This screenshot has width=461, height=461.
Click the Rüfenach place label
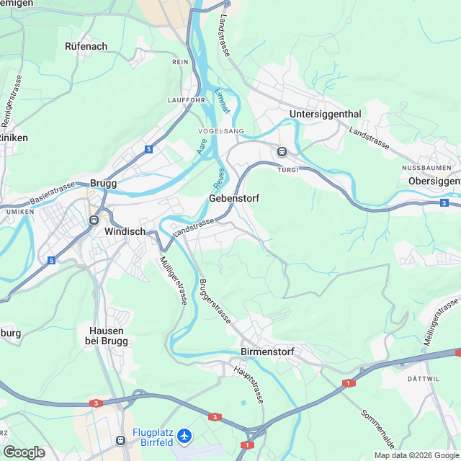coord(86,46)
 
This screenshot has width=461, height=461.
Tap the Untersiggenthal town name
coord(325,115)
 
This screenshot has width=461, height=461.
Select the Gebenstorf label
coord(234,197)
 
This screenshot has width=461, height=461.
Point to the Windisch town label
coord(125,232)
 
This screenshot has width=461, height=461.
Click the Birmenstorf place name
coord(269,352)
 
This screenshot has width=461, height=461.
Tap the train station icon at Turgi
coord(282,152)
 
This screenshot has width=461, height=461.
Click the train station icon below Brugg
coord(94,220)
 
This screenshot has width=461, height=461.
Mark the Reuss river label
coord(218,175)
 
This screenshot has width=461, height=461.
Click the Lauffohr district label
coord(187,100)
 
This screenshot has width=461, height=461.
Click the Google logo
coord(24,452)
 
